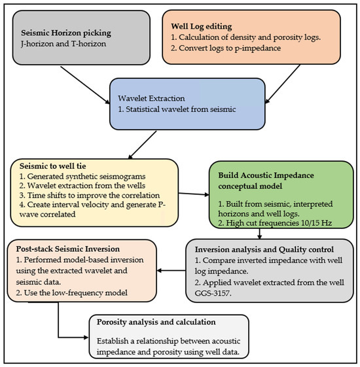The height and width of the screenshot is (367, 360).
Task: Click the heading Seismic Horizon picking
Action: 66,33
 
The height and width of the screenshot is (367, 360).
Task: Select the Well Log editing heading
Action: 202,26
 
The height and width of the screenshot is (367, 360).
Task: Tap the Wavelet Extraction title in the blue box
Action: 151,98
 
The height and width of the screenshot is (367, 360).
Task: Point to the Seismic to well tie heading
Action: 53,166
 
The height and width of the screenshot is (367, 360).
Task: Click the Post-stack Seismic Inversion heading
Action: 67,249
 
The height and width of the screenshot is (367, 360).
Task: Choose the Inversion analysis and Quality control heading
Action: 264,249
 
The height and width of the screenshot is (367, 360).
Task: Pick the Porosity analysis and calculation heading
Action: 156,322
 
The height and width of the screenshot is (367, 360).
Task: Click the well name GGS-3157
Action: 213,293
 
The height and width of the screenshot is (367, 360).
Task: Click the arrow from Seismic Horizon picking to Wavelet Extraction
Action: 85,85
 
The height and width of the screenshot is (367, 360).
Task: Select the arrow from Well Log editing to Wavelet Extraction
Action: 283,84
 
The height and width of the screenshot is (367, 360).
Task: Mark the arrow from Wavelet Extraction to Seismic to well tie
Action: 142,145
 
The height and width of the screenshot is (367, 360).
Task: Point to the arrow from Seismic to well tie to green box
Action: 194,194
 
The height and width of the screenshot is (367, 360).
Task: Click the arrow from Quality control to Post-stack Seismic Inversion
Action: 171,271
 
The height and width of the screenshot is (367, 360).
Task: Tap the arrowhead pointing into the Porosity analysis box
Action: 86,338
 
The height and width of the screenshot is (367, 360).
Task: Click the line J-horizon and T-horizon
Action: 63,44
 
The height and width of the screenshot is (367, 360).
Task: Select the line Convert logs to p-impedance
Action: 226,48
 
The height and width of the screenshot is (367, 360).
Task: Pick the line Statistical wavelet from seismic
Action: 177,109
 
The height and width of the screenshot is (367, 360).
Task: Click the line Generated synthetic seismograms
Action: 82,176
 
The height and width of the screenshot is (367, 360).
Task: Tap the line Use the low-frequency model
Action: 71,293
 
